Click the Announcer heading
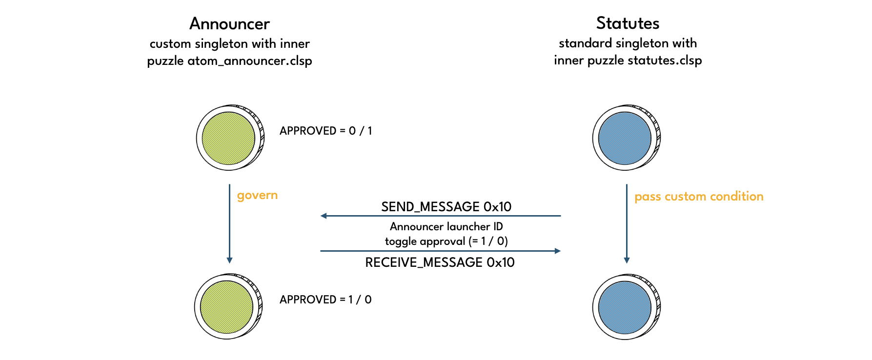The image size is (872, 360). tap(229, 23)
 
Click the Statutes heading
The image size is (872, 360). tap(628, 23)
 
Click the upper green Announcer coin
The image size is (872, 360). tap(229, 138)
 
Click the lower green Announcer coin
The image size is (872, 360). tap(227, 307)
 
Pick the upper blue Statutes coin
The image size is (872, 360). tap(625, 138)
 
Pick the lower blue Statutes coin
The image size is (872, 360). tap(625, 307)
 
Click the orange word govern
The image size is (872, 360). tap(257, 195)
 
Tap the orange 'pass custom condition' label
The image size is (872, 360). tap(699, 197)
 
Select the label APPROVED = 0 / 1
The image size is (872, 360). tap(325, 131)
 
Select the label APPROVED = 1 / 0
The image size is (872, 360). tap(325, 300)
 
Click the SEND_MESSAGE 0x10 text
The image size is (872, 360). tap(446, 207)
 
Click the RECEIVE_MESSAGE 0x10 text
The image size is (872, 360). tap(440, 262)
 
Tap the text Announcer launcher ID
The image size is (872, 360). tap(446, 226)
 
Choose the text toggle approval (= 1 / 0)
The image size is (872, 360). tap(446, 241)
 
